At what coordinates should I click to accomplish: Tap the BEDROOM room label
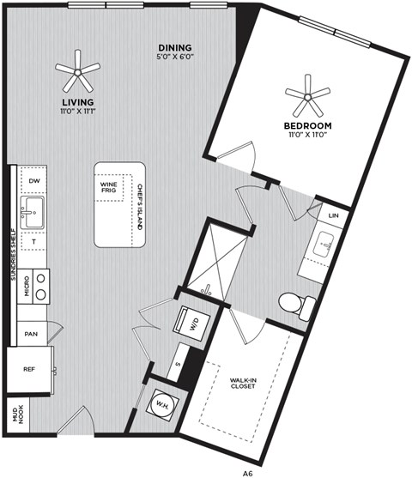307,126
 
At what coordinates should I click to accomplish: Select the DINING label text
174,47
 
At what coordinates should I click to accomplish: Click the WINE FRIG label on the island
109,186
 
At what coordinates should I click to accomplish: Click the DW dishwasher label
33,181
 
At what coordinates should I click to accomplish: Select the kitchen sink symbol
33,211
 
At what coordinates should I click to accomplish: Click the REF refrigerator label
28,370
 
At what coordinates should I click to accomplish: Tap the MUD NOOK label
15,414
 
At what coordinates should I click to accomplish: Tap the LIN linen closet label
333,215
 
